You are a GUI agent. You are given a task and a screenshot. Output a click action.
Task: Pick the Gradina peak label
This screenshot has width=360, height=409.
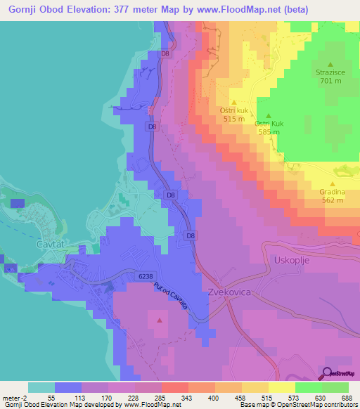332,191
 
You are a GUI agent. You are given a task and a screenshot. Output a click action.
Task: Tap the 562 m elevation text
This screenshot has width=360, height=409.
332,200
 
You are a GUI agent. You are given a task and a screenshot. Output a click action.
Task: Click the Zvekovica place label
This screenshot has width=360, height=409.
230,290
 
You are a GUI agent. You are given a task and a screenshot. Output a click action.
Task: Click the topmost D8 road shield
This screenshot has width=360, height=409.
165,53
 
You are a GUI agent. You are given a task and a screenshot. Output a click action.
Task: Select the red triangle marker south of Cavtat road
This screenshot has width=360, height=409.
159,320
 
